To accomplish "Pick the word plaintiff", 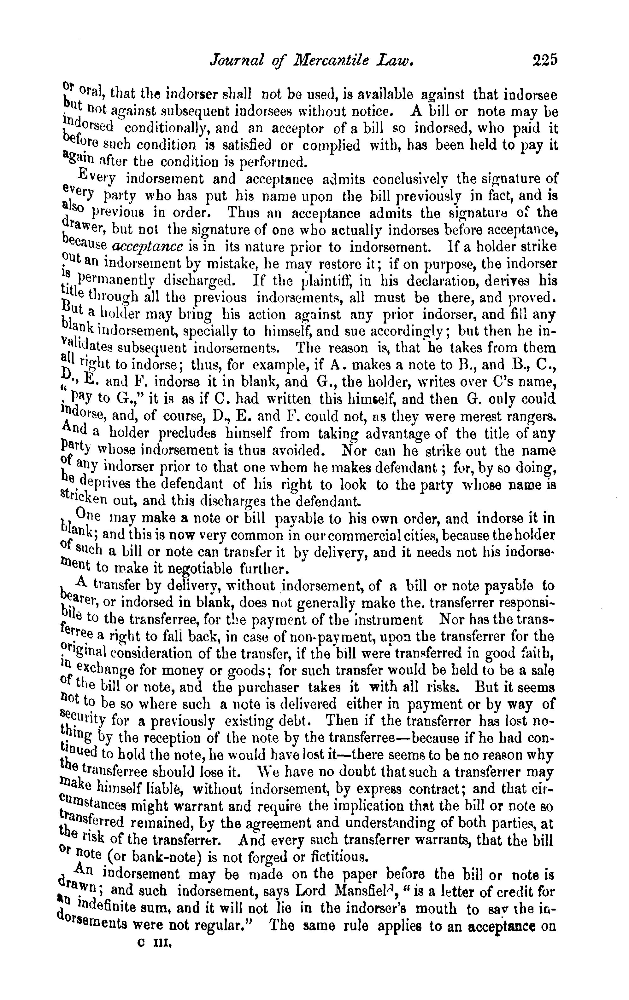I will click(324, 281).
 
